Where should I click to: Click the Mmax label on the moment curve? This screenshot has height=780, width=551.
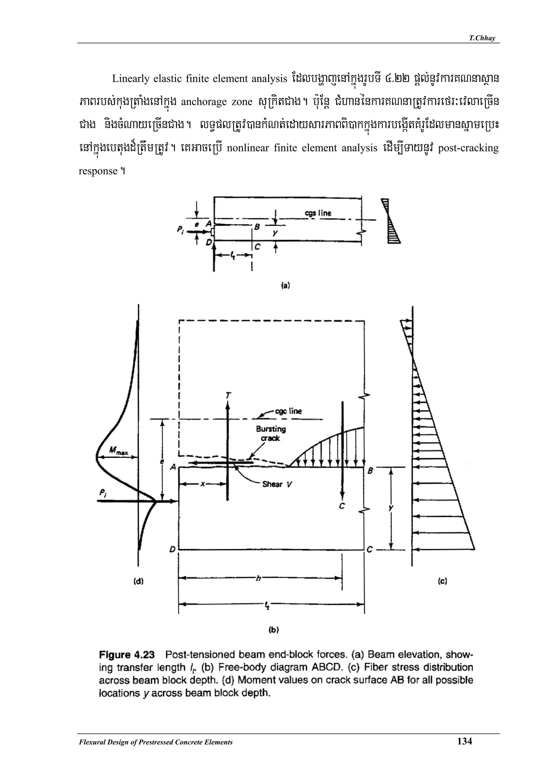click(x=116, y=451)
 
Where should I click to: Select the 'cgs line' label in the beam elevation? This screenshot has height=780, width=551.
click(x=318, y=213)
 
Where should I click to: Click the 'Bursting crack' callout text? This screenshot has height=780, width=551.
click(x=271, y=433)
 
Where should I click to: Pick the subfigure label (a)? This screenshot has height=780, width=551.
click(x=285, y=285)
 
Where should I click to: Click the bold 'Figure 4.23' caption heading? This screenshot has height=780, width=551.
click(x=127, y=655)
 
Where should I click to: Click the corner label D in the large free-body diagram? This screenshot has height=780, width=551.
click(x=172, y=549)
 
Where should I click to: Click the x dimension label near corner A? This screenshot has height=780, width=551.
click(x=203, y=484)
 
